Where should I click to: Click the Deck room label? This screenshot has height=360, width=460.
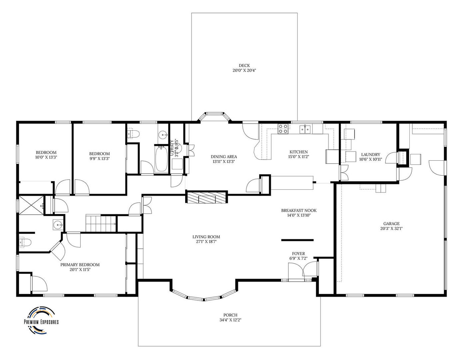244,66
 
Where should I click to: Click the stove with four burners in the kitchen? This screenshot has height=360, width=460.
283,129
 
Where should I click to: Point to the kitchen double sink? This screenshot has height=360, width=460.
305,129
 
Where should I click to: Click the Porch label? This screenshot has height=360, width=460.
230,315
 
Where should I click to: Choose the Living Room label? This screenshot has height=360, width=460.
206,237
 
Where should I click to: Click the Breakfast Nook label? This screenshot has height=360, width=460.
299,210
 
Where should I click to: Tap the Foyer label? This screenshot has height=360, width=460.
298,254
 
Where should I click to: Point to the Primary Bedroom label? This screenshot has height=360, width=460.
80,265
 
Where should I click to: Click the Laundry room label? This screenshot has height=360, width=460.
370,154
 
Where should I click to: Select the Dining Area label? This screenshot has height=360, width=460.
224,156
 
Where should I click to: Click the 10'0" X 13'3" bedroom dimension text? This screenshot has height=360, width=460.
46,157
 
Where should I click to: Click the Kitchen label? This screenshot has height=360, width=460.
298,152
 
